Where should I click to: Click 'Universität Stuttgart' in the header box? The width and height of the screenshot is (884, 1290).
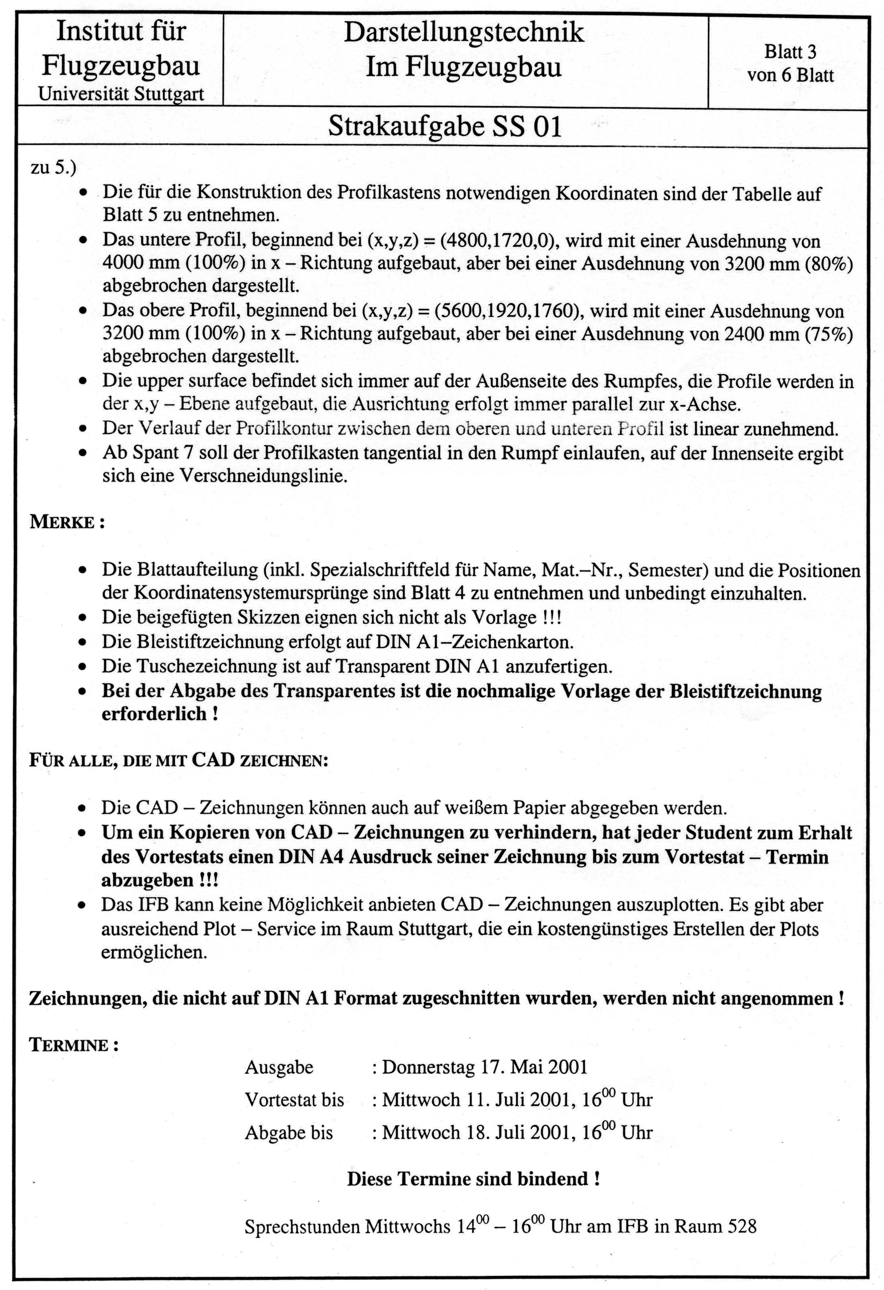pyautogui.click(x=121, y=94)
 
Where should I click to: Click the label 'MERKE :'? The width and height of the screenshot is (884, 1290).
pyautogui.click(x=67, y=522)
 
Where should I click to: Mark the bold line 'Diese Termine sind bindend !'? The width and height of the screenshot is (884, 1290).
pyautogui.click(x=473, y=1178)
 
